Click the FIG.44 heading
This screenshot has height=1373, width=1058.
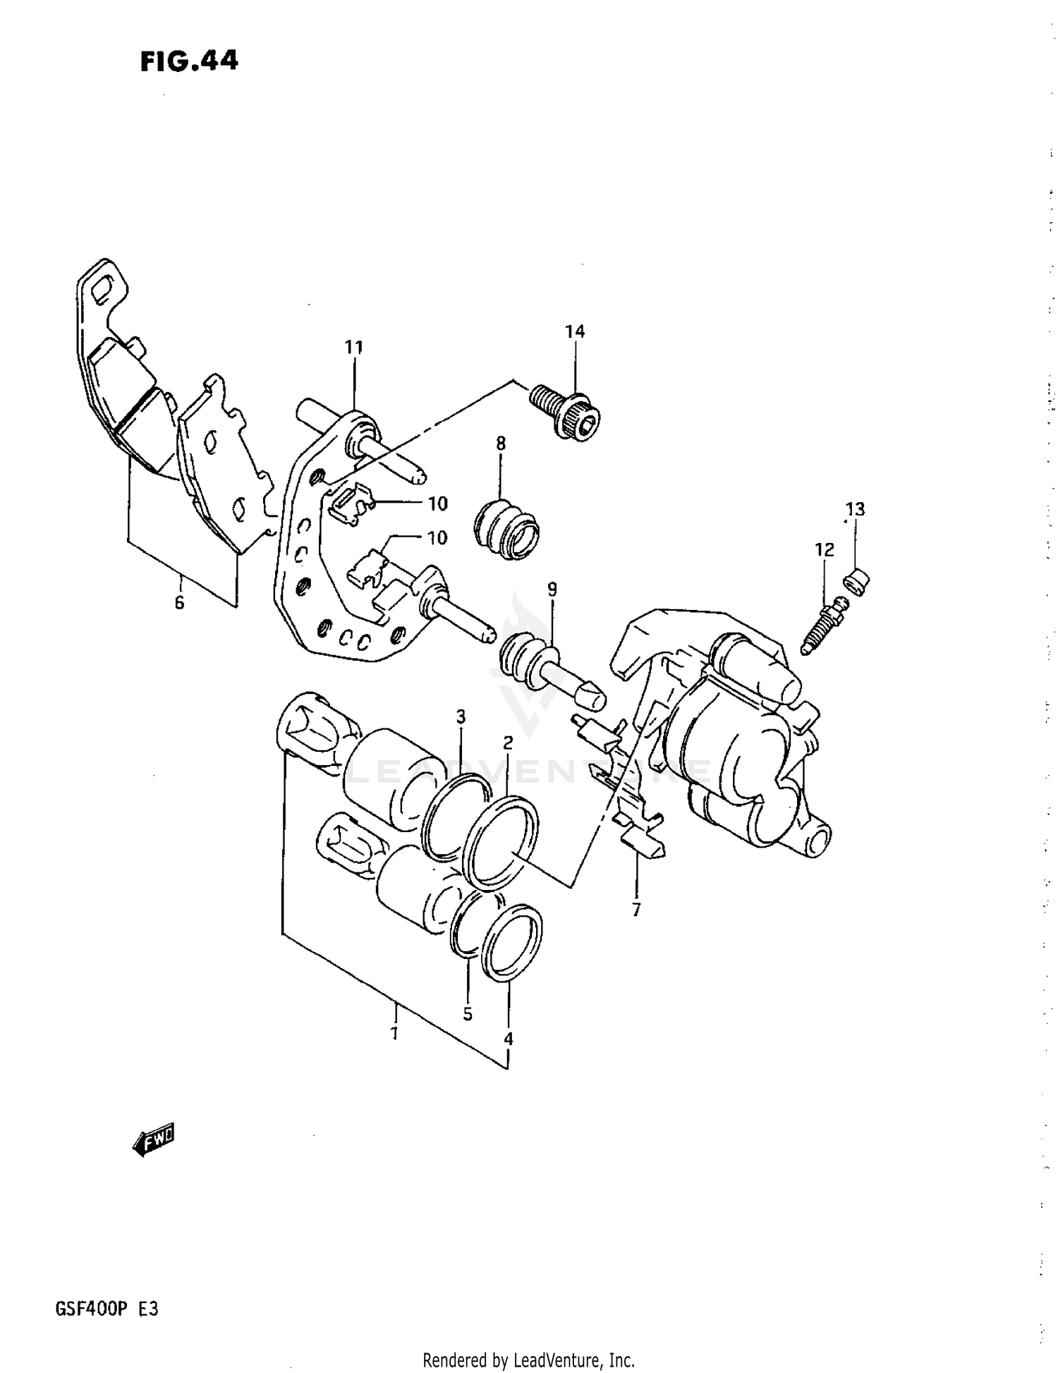[x=189, y=61]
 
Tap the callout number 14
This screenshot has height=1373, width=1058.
[x=574, y=331]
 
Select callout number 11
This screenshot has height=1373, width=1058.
[x=353, y=347]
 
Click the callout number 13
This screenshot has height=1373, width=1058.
[x=855, y=509]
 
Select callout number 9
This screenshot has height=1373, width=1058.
[x=552, y=589]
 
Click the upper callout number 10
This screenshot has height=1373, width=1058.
[x=437, y=504]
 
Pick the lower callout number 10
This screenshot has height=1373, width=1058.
[x=437, y=537]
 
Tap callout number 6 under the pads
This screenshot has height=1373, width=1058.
[x=179, y=602]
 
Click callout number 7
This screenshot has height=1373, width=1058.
[x=636, y=910]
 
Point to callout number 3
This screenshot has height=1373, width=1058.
[x=461, y=717]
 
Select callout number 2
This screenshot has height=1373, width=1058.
[x=508, y=743]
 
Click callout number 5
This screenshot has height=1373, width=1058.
[x=467, y=1014]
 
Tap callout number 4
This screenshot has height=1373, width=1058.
[x=508, y=1038]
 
